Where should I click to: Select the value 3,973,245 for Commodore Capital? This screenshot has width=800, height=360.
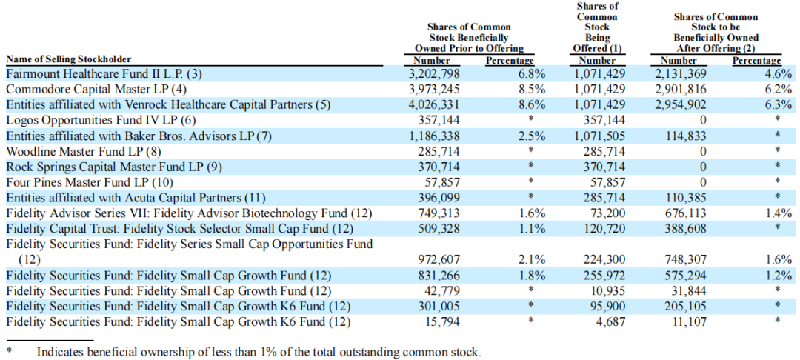(x=434, y=89)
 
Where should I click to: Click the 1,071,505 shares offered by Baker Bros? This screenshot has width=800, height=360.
(x=599, y=136)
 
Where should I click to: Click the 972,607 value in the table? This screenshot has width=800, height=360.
(x=437, y=259)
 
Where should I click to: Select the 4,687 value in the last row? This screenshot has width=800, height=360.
(x=610, y=321)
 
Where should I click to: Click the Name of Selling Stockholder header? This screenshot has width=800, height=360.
(x=68, y=59)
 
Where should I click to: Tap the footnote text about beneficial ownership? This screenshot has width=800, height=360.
(x=259, y=352)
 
